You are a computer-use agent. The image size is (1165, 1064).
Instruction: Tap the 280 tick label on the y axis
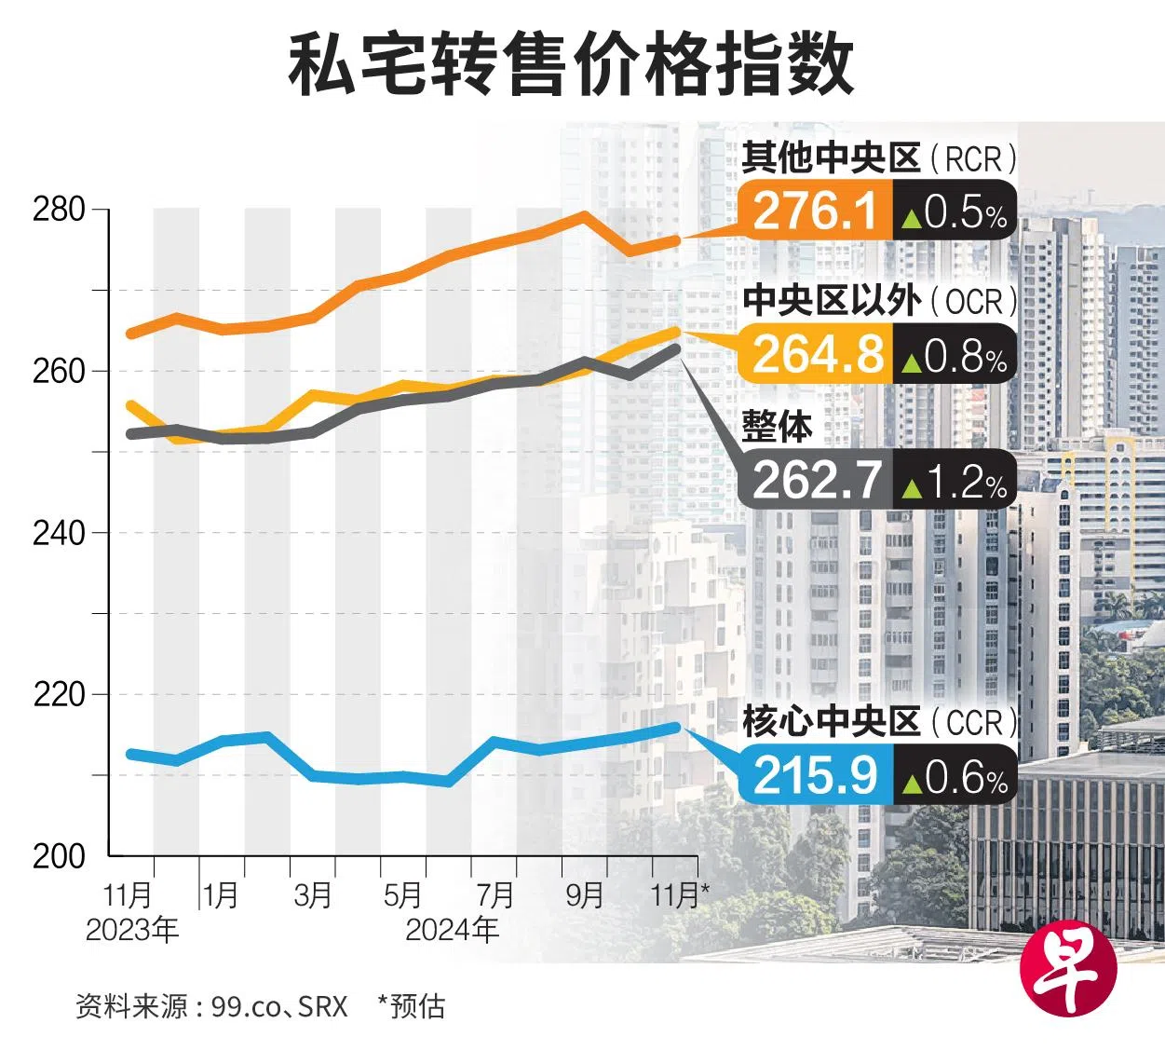[59, 210]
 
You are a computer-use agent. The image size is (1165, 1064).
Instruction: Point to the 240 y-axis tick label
[59, 533]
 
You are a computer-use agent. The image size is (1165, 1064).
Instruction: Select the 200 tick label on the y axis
[59, 856]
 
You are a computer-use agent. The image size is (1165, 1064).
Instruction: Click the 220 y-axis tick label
[59, 695]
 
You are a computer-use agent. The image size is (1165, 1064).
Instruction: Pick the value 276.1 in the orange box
[815, 211]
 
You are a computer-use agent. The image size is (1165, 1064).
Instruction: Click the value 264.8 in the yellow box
[817, 355]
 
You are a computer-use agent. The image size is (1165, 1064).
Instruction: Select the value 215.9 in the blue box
[815, 775]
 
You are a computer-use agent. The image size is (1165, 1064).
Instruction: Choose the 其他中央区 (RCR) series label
[878, 158]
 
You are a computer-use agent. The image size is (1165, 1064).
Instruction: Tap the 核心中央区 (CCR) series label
[878, 722]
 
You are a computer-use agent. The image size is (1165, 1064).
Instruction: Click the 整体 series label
[777, 428]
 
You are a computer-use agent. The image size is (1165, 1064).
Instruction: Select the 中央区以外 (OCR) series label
[878, 301]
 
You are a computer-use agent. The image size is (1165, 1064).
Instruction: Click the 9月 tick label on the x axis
[585, 895]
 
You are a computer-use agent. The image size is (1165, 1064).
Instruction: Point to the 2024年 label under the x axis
[451, 929]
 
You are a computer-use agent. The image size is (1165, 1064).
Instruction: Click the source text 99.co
[244, 1006]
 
